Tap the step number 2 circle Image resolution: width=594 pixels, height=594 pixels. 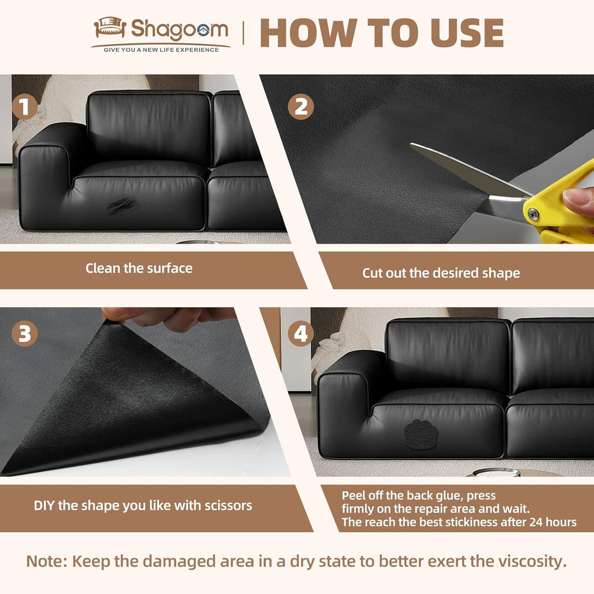pyautogui.click(x=301, y=107)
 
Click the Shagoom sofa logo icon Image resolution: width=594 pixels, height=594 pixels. pyautogui.click(x=110, y=28)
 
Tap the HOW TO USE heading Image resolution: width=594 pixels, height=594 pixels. pyautogui.click(x=382, y=33)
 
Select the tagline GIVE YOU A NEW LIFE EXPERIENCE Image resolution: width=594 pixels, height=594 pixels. pyautogui.click(x=161, y=50)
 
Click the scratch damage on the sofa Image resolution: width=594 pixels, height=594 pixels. pyautogui.click(x=120, y=206)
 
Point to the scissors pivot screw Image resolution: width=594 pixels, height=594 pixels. pyautogui.click(x=533, y=214)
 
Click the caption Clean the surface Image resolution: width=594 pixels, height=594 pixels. pyautogui.click(x=139, y=268)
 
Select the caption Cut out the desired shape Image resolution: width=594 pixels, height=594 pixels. pyautogui.click(x=441, y=273)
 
